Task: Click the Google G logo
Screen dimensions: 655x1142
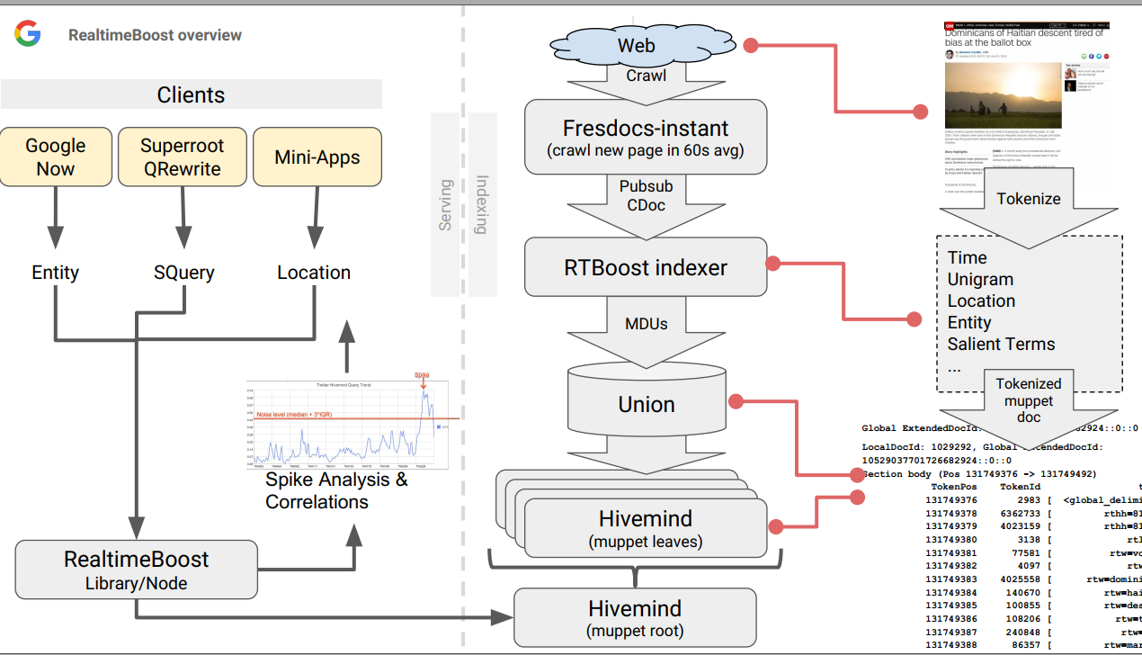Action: click(27, 34)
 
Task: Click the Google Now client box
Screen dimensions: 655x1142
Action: click(56, 157)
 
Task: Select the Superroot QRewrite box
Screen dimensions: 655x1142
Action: click(183, 157)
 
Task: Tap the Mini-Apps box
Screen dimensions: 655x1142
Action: click(317, 157)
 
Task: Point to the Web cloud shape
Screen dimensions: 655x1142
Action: click(636, 45)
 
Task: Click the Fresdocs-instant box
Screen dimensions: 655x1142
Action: click(646, 137)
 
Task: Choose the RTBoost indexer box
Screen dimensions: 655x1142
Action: click(646, 267)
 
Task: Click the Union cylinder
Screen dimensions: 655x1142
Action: click(646, 404)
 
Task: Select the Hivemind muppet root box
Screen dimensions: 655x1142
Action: click(635, 618)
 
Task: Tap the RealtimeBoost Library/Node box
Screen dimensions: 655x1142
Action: click(137, 570)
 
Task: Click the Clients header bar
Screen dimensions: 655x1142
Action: click(191, 94)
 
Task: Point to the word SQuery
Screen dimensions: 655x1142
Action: click(183, 273)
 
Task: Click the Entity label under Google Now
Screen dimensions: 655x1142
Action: click(56, 273)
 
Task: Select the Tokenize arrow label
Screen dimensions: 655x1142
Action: click(1029, 199)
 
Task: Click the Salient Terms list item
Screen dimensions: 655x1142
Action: click(1001, 344)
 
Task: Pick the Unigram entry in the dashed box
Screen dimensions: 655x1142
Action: click(980, 279)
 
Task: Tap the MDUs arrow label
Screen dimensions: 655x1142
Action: click(646, 323)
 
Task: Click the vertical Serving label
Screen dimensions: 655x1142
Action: click(445, 205)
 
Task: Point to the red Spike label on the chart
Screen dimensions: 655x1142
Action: click(422, 374)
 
